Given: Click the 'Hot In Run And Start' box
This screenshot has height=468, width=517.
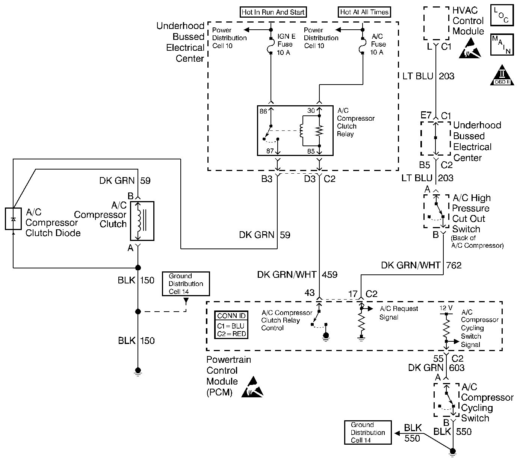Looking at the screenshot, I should click(x=273, y=12).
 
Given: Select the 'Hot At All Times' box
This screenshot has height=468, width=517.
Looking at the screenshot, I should click(x=364, y=12).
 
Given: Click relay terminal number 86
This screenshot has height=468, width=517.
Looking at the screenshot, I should click(x=263, y=111).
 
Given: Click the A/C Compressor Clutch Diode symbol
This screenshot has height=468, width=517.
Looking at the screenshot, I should click(x=13, y=218).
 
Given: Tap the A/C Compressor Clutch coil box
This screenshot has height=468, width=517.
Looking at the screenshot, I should click(x=142, y=221).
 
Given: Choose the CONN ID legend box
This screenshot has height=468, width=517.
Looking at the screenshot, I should click(x=231, y=325).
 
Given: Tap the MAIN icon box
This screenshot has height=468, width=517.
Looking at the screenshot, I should click(x=502, y=45).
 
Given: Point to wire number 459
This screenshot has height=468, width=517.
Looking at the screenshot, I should click(x=330, y=275).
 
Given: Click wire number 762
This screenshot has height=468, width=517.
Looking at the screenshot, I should click(x=454, y=265).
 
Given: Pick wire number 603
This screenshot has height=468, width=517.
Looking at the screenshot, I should click(x=457, y=368).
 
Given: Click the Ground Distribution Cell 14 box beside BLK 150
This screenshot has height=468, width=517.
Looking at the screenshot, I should click(x=186, y=284).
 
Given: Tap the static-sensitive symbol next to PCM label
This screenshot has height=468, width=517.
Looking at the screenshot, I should click(x=252, y=387).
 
